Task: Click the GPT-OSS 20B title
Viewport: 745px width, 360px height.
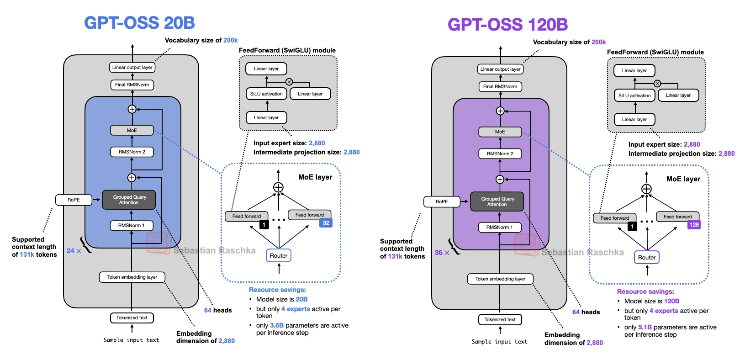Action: pyautogui.click(x=139, y=23)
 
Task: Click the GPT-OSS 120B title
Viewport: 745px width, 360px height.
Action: pyautogui.click(x=507, y=25)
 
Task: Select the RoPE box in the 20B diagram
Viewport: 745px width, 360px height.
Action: pyautogui.click(x=74, y=200)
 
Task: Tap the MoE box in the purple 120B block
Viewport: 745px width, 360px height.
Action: pyautogui.click(x=500, y=132)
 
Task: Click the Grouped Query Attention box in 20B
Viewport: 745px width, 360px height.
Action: pyautogui.click(x=129, y=200)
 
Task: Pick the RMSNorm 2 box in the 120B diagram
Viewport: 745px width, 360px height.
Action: pyautogui.click(x=500, y=154)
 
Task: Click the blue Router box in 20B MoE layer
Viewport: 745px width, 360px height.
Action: pyautogui.click(x=279, y=255)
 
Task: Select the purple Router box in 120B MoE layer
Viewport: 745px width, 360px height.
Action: pyautogui.click(x=647, y=257)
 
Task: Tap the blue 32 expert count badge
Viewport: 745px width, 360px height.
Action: pyautogui.click(x=326, y=223)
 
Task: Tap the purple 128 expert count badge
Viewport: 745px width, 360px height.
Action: pyautogui.click(x=694, y=224)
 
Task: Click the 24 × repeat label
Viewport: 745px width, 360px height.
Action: pyautogui.click(x=74, y=251)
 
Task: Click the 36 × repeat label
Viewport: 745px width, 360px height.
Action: pyautogui.click(x=442, y=253)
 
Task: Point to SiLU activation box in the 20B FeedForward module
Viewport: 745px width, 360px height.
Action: pyautogui.click(x=266, y=94)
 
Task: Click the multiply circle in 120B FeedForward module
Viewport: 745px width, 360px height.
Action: pyautogui.click(x=657, y=84)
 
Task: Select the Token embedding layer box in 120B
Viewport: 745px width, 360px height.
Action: pyautogui.click(x=500, y=279)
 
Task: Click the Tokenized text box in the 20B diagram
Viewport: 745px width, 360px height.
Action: pyautogui.click(x=132, y=318)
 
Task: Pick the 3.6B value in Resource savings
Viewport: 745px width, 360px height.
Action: pyautogui.click(x=277, y=325)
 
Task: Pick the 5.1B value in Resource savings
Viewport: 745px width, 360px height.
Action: pyautogui.click(x=645, y=327)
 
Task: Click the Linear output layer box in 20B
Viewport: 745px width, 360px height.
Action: pyautogui.click(x=132, y=67)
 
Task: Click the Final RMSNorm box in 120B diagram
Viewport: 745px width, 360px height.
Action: pyautogui.click(x=500, y=86)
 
